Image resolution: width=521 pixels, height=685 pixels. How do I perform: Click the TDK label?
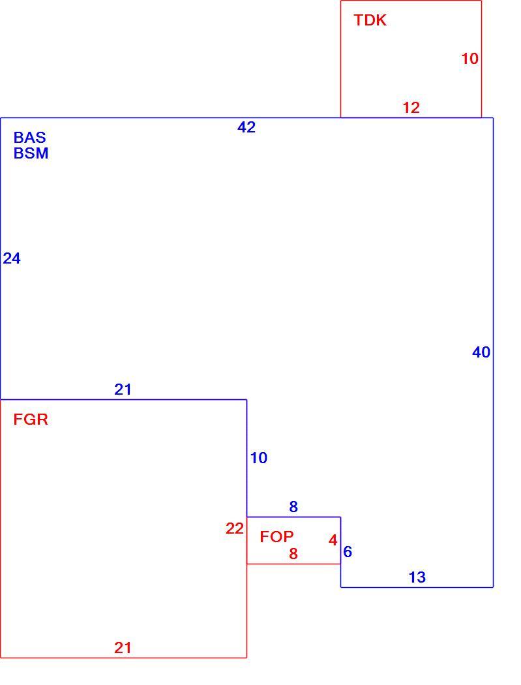tap(370, 20)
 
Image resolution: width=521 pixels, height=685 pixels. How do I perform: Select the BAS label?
tap(30, 138)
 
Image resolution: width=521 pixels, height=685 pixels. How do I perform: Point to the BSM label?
tap(31, 153)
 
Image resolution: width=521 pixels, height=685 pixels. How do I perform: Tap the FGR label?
tap(31, 419)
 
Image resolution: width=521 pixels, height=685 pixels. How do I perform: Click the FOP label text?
tap(277, 536)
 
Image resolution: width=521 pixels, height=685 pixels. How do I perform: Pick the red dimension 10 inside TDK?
tap(470, 59)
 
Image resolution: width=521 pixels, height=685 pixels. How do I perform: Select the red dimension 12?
tap(411, 108)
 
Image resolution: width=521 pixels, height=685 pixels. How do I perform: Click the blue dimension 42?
tap(246, 127)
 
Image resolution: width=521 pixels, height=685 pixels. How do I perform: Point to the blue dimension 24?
tap(12, 258)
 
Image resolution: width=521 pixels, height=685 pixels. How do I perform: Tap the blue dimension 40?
tap(481, 352)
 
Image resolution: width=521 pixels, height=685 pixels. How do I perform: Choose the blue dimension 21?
tap(123, 389)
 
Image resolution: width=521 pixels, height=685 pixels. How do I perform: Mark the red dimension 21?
tap(123, 647)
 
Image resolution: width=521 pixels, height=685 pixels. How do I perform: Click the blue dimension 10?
tap(258, 458)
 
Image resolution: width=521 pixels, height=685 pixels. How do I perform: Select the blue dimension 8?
tap(293, 507)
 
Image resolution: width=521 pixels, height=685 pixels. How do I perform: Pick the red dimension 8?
tap(293, 554)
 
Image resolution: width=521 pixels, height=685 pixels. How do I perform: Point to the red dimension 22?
tap(235, 528)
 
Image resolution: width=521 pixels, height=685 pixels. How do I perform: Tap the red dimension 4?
tap(333, 540)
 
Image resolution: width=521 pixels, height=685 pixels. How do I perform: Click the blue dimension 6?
tap(348, 552)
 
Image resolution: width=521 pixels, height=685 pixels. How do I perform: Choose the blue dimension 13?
tap(417, 577)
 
